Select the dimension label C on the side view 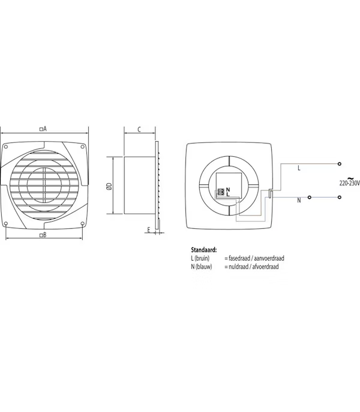139,129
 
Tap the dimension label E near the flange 149,230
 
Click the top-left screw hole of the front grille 7,147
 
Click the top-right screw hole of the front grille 82,147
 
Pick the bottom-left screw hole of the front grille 6,224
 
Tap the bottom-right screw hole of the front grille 82,223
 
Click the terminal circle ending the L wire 339,164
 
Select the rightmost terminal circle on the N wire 339,197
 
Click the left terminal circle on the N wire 310,197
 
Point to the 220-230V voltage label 349,183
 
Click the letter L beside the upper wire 299,168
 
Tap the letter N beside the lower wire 299,201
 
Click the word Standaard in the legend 204,250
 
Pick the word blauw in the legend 204,267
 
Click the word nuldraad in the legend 238,267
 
